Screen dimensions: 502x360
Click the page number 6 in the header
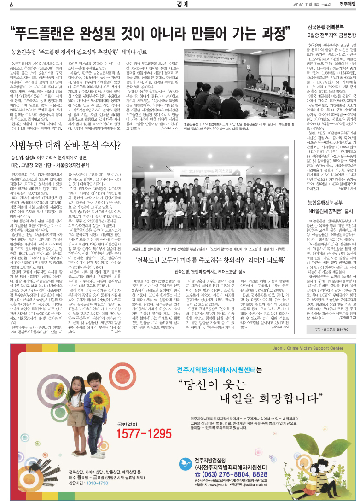pyautogui.click(x=11, y=5)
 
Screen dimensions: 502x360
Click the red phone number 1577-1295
pyautogui.click(x=144, y=433)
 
